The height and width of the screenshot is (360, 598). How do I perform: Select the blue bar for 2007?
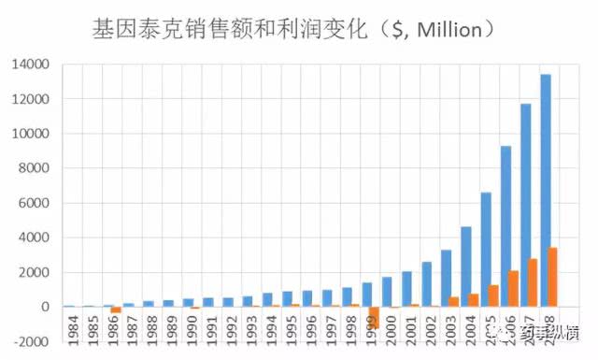coord(525,205)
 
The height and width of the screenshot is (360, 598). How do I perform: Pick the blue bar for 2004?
coord(465,266)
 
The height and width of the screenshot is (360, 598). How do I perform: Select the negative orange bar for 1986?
coord(116,310)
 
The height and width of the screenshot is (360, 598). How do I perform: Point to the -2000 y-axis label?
coord(32,342)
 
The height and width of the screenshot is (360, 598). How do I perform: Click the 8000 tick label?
coord(36,168)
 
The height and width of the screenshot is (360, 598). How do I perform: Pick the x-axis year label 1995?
coord(289,332)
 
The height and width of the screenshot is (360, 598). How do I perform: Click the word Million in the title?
coord(449,30)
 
